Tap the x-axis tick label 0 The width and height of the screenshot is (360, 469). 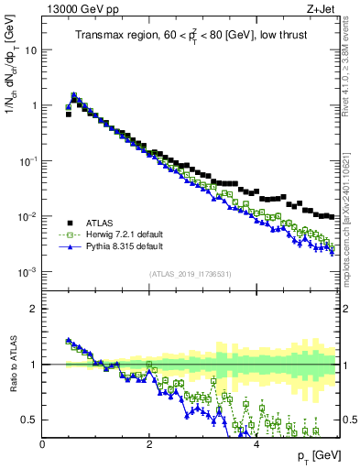pyautogui.click(x=42, y=446)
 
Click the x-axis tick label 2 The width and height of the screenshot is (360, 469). pyautogui.click(x=149, y=446)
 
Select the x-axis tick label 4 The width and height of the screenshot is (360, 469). pyautogui.click(x=256, y=446)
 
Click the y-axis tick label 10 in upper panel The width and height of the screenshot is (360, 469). pyautogui.click(x=29, y=50)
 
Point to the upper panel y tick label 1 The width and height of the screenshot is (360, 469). pyautogui.click(x=34, y=106)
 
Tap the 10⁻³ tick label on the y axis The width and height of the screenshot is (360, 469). pyautogui.click(x=27, y=272)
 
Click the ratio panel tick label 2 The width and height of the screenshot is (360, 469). pyautogui.click(x=34, y=309)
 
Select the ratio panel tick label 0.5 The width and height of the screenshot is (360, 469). pyautogui.click(x=29, y=420)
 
